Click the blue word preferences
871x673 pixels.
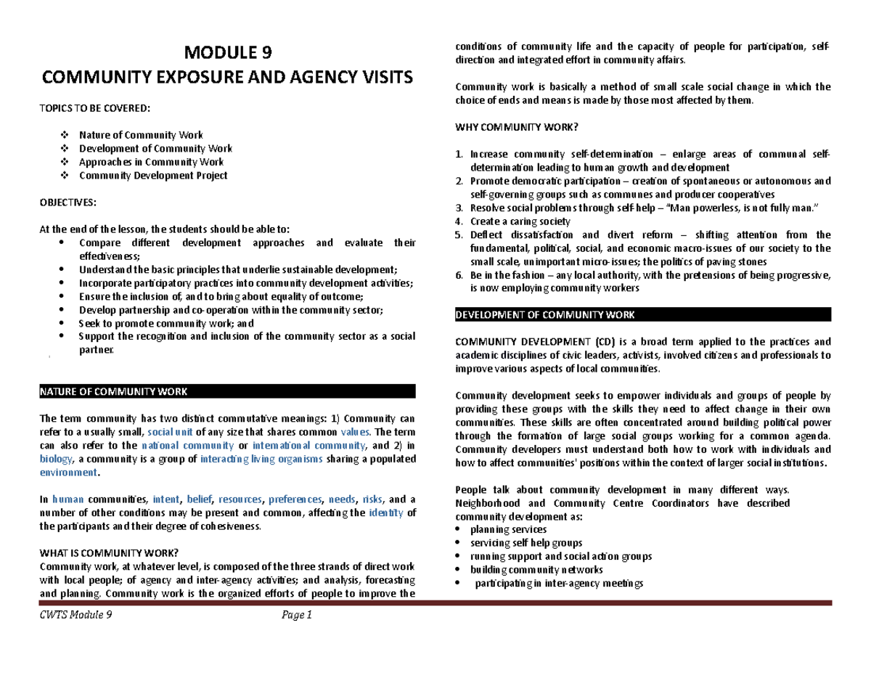click(295, 499)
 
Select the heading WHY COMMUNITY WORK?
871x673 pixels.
click(515, 129)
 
